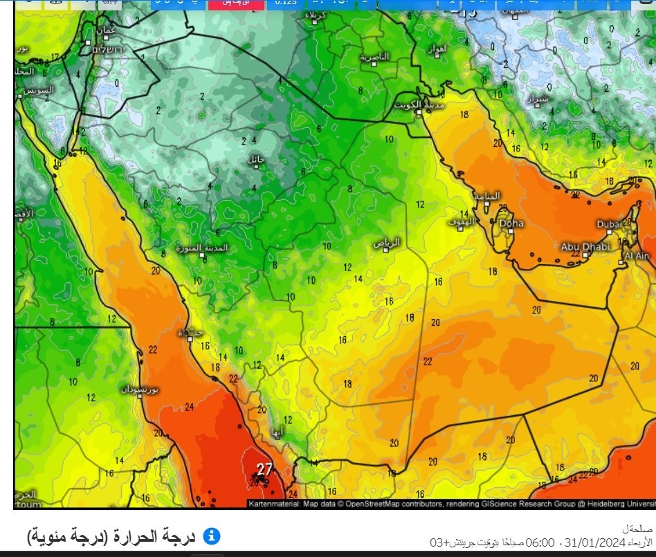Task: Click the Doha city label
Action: tap(511, 223)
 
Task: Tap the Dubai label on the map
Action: tap(610, 224)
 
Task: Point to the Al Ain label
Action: tap(637, 255)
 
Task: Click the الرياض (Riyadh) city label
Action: tap(387, 242)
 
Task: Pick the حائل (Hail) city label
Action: tap(257, 159)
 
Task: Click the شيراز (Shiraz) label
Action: tap(539, 100)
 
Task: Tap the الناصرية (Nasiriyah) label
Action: tap(374, 57)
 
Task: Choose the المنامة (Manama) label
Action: tap(486, 196)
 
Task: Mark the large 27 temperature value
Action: tap(264, 469)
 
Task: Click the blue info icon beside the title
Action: tap(212, 536)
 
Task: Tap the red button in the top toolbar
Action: tap(235, 3)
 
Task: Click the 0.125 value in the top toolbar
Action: tap(286, 3)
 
